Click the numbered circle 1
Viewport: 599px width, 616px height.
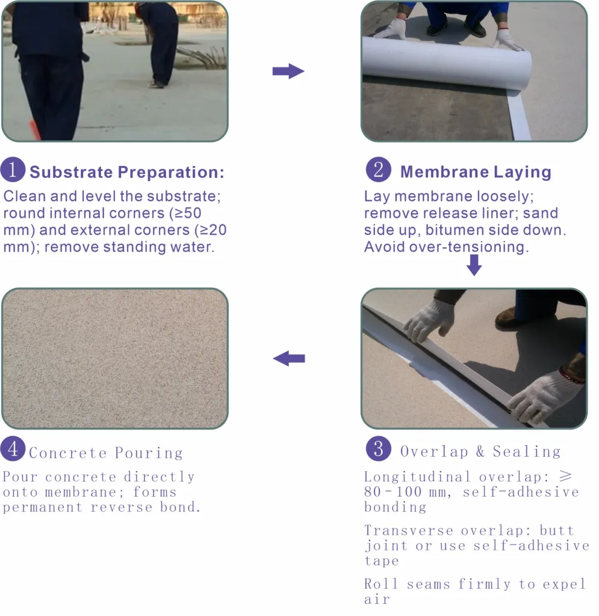(x=13, y=170)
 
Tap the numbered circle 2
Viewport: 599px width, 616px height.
(x=379, y=170)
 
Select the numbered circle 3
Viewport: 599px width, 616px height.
(x=379, y=449)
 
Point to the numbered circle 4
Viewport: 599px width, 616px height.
(x=13, y=449)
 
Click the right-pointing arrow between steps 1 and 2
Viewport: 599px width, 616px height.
(x=288, y=71)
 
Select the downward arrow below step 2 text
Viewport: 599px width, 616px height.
(x=474, y=265)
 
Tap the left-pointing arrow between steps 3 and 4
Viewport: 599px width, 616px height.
(x=289, y=359)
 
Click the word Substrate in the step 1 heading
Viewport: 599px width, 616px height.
(x=71, y=172)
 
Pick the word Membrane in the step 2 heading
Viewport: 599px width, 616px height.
(x=444, y=171)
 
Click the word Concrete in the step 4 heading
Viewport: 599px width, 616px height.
(x=67, y=453)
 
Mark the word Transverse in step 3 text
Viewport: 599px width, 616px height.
(x=409, y=531)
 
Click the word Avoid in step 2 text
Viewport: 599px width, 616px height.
(x=385, y=247)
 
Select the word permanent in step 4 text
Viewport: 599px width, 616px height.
(x=43, y=507)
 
